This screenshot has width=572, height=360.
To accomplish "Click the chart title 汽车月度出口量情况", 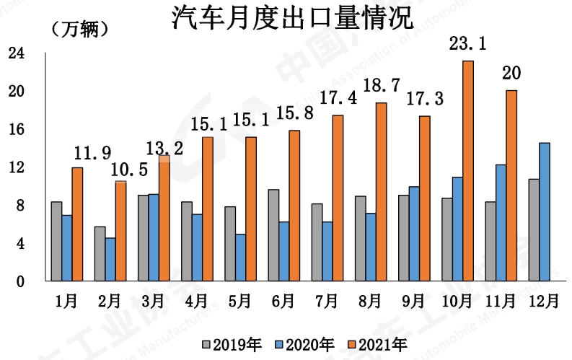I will tap(291, 18).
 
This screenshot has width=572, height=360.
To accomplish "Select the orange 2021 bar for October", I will tap(468, 171).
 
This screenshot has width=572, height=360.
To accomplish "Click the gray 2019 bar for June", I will tap(273, 235).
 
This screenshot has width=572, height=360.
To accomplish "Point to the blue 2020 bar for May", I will tap(240, 257).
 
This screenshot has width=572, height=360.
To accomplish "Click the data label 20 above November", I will tap(511, 74).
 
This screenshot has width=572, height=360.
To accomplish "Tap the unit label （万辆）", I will tap(79, 30).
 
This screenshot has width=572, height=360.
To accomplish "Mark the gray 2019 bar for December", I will tap(533, 230).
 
